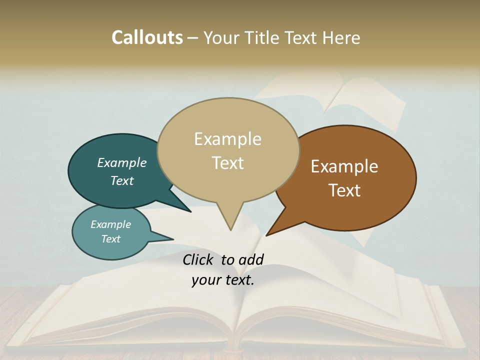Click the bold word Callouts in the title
(x=147, y=37)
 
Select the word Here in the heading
(x=341, y=37)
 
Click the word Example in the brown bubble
(x=344, y=166)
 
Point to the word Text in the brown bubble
(x=344, y=190)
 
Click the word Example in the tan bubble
(x=227, y=139)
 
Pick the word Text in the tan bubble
(x=227, y=163)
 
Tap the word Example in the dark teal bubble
(x=121, y=163)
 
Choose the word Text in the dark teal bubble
(x=121, y=180)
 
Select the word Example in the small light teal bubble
(x=110, y=224)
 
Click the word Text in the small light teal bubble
(x=110, y=239)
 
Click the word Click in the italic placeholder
(x=198, y=259)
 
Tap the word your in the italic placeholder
(x=204, y=280)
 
